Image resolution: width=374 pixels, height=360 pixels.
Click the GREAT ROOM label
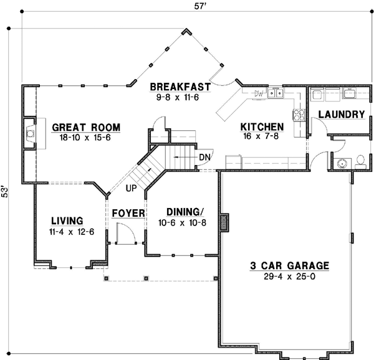[x=86, y=128]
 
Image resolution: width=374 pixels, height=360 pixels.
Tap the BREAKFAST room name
[x=180, y=87]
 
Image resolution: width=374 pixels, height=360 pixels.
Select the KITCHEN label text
[x=262, y=127]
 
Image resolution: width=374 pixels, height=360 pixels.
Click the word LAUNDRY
[x=341, y=115]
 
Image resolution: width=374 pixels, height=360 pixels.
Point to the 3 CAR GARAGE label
[x=290, y=265]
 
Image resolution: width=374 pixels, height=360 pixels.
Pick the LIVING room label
[x=67, y=220]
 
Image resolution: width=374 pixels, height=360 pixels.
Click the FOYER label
[x=128, y=214]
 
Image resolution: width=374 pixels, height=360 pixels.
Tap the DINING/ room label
[x=184, y=211]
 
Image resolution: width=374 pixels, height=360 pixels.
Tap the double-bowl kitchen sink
[x=276, y=93]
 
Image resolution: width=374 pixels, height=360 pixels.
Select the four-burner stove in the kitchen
[x=299, y=115]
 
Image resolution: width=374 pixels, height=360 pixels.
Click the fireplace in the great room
[x=30, y=133]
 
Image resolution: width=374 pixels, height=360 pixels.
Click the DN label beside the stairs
[x=204, y=158]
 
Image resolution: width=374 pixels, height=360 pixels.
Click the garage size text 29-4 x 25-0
[x=290, y=276]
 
